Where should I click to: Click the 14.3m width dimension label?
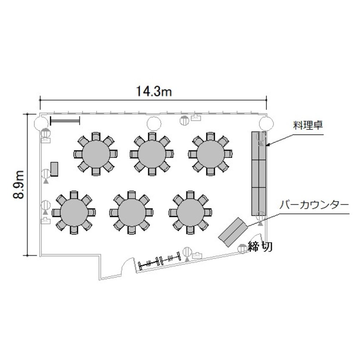click(154, 91)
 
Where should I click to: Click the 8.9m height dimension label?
click(18, 185)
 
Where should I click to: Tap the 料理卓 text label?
click(308, 126)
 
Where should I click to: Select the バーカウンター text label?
click(313, 205)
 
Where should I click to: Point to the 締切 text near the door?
click(260, 247)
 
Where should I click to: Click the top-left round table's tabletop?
click(96, 154)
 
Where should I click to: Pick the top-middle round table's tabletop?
click(152, 154)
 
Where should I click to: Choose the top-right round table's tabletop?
click(210, 154)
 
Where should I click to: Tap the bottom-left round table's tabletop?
click(74, 212)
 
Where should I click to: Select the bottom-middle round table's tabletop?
click(132, 212)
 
